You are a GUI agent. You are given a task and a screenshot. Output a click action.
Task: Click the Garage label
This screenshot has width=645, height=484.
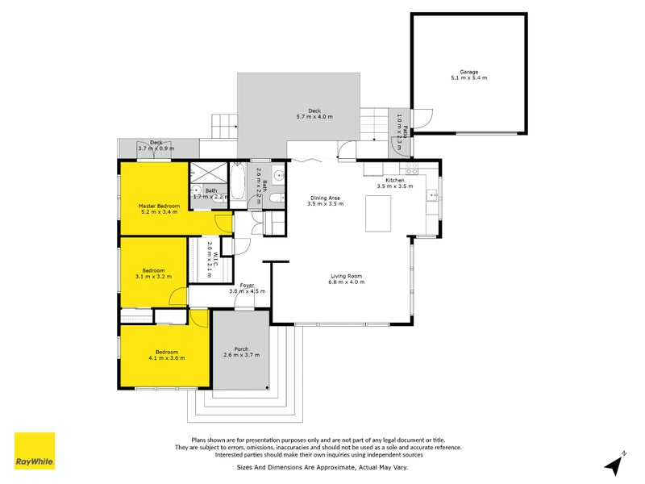pyautogui.click(x=468, y=71)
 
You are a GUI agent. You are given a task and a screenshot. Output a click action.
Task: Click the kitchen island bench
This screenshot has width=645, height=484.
pyautogui.click(x=378, y=212)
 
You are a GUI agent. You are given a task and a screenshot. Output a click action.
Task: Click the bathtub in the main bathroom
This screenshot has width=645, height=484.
pyautogui.click(x=239, y=181)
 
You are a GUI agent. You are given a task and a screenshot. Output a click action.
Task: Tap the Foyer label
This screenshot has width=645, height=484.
pyautogui.click(x=247, y=284)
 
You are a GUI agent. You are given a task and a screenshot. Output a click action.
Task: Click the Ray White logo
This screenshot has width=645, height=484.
pyautogui.click(x=35, y=451)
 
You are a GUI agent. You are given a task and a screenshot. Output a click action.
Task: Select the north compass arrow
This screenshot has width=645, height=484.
pyautogui.click(x=615, y=464)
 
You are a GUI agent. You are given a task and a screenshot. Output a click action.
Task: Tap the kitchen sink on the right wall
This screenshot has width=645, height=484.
pyautogui.click(x=434, y=194)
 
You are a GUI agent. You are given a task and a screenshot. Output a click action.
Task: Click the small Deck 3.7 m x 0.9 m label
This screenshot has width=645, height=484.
pyautogui.click(x=156, y=146)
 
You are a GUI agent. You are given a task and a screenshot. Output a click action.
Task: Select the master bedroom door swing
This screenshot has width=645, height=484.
pyautogui.click(x=223, y=223)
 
